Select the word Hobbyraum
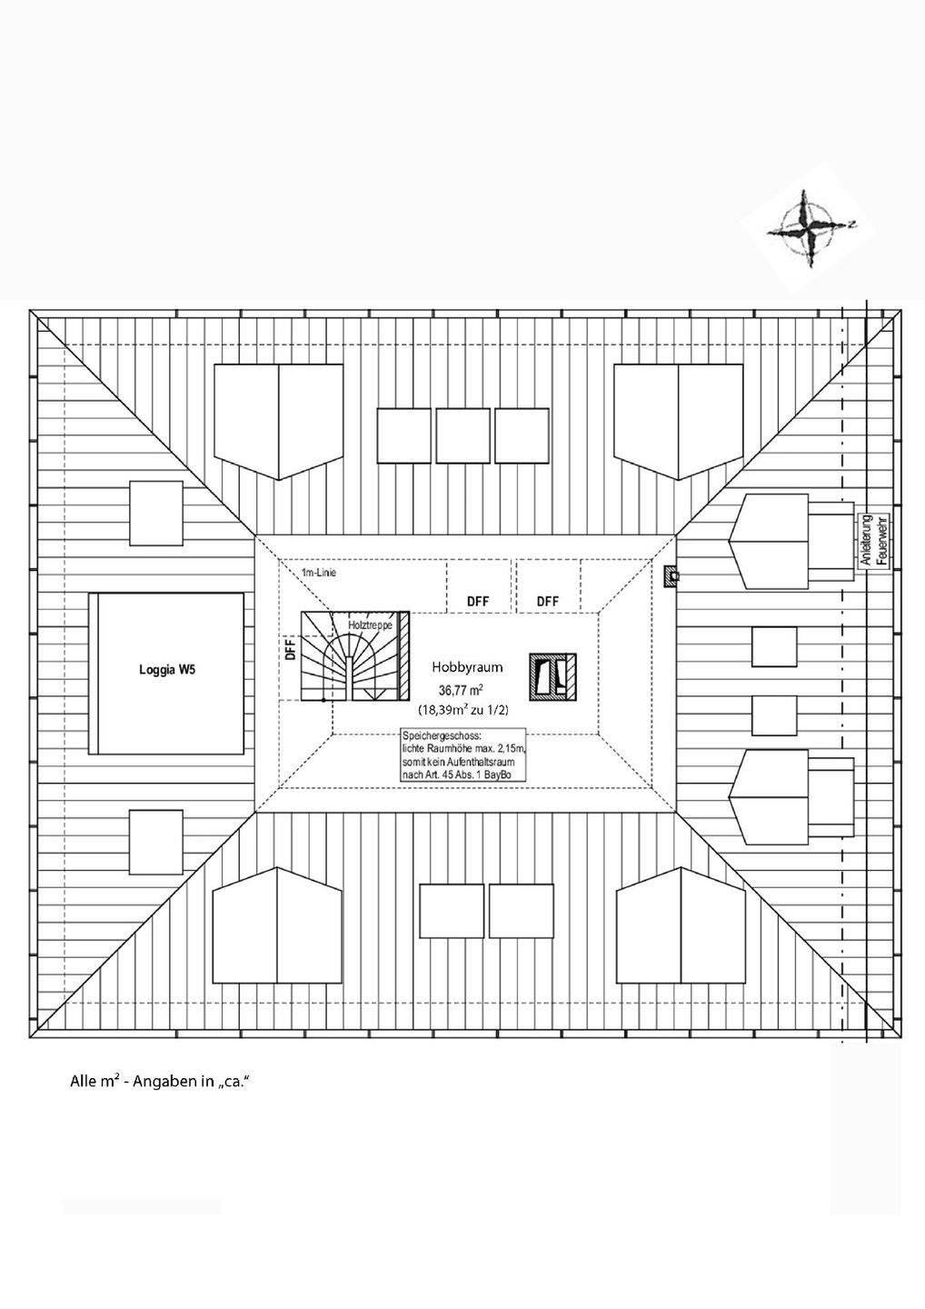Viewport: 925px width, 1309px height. [x=467, y=667]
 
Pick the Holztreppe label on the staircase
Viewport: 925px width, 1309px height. [x=370, y=626]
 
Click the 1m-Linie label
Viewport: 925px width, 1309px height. [x=319, y=573]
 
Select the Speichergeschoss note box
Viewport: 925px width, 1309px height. [x=462, y=754]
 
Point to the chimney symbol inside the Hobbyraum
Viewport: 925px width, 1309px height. [x=553, y=677]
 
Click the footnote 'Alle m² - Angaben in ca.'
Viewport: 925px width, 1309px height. [x=159, y=1082]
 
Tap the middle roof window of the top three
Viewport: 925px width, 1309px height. [x=462, y=435]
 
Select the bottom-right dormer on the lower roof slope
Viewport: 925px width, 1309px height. [x=681, y=926]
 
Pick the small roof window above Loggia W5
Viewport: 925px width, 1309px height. [x=156, y=513]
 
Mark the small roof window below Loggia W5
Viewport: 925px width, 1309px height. [x=156, y=842]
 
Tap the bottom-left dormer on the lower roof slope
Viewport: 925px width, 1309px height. [x=277, y=926]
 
